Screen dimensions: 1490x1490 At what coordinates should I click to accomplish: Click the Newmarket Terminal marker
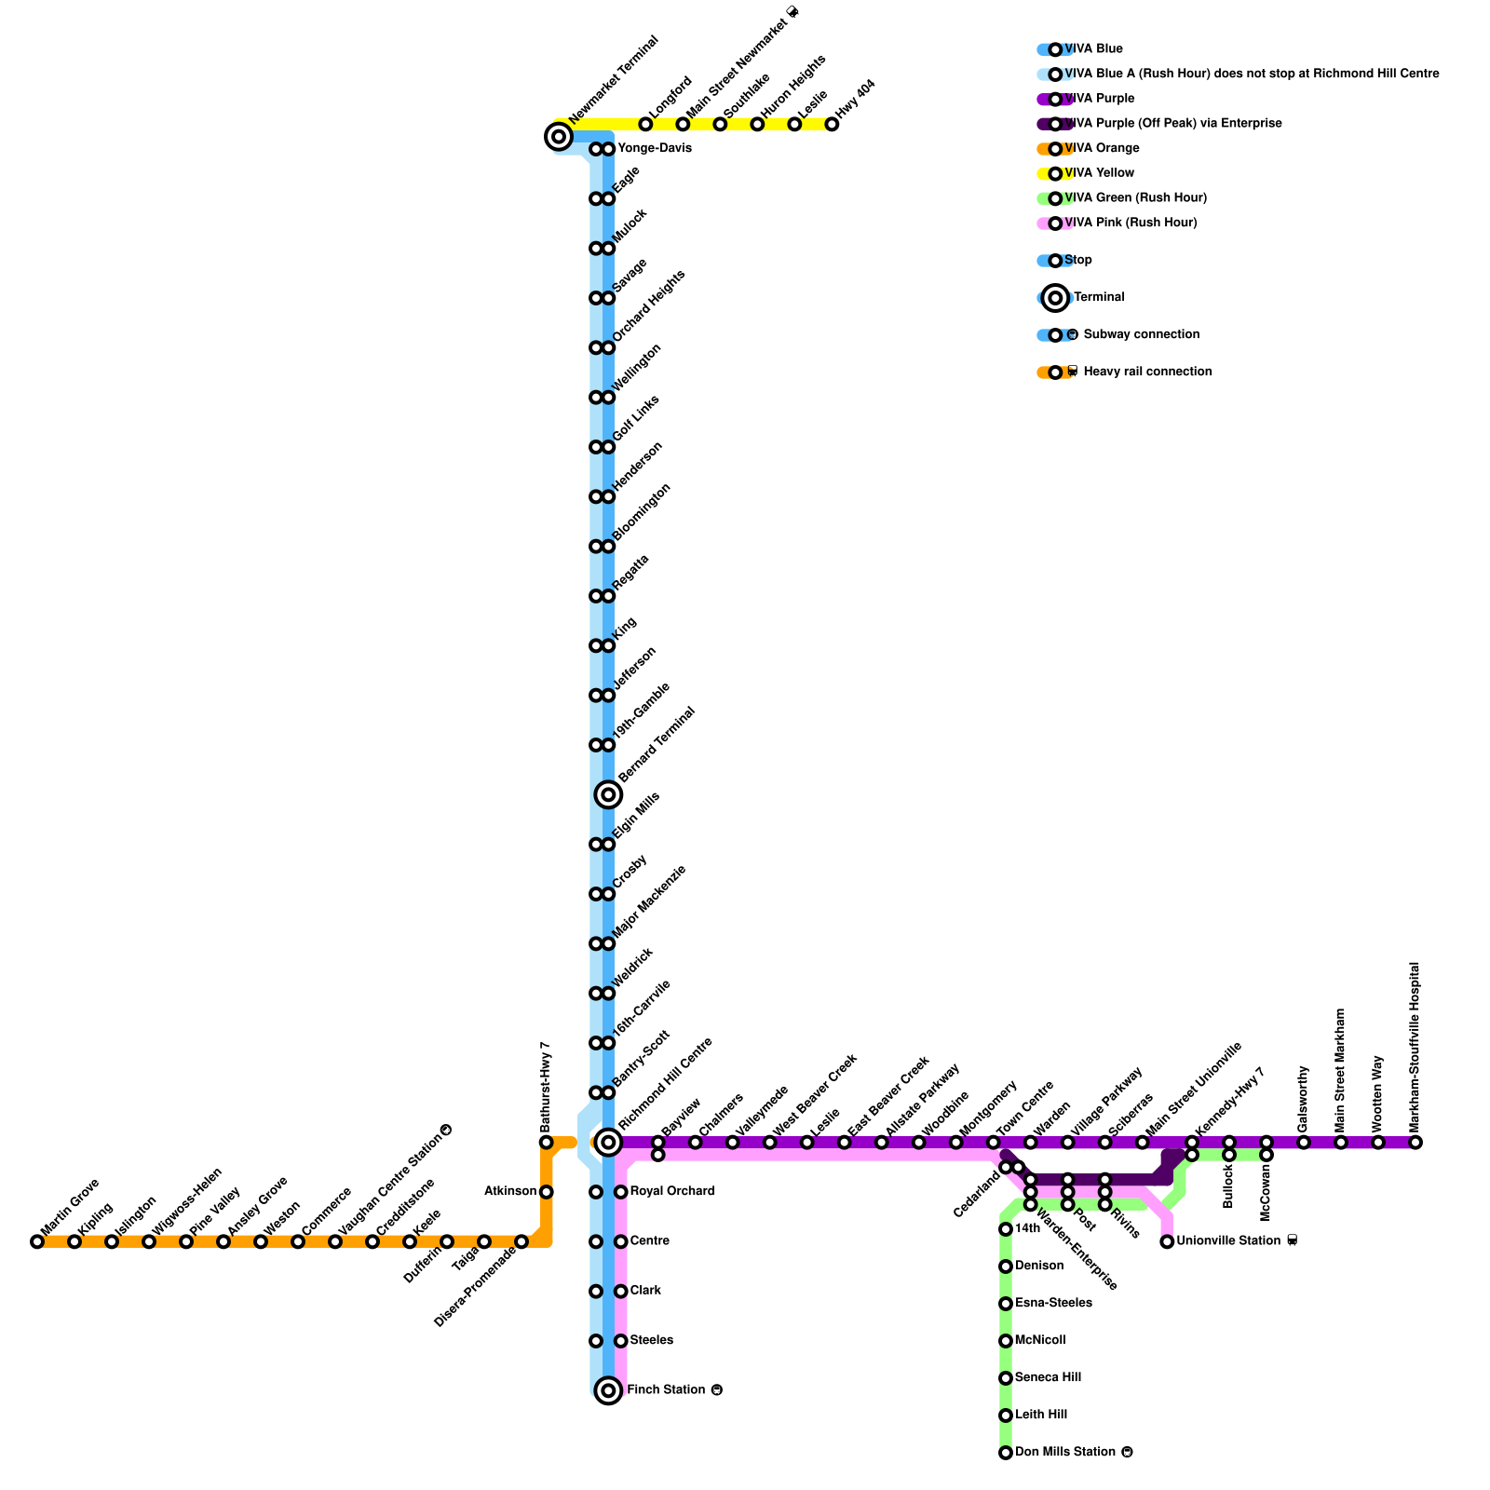pyautogui.click(x=558, y=138)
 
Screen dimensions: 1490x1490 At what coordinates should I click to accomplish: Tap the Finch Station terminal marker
pyautogui.click(x=608, y=1390)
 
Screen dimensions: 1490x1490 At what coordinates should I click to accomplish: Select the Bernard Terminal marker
pyautogui.click(x=608, y=794)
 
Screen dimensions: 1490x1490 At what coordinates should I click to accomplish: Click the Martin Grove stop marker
pyautogui.click(x=37, y=1241)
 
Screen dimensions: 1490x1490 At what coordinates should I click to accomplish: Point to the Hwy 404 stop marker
pyautogui.click(x=832, y=124)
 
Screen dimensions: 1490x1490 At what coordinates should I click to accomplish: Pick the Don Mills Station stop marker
pyautogui.click(x=1006, y=1453)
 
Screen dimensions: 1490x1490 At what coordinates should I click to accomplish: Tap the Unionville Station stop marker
pyautogui.click(x=1167, y=1241)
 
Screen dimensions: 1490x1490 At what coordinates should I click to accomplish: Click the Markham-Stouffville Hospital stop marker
pyautogui.click(x=1415, y=1143)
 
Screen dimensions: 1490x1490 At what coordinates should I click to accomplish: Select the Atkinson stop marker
pyautogui.click(x=547, y=1192)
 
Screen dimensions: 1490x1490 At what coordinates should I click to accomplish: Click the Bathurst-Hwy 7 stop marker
pyautogui.click(x=547, y=1143)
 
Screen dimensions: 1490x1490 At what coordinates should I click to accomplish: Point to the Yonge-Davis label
pyautogui.click(x=655, y=148)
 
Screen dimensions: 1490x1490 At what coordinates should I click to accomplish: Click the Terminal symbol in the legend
pyautogui.click(x=1055, y=298)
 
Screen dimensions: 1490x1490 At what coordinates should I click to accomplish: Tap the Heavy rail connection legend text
pyautogui.click(x=1147, y=372)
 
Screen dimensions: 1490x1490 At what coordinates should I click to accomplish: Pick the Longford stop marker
pyautogui.click(x=645, y=124)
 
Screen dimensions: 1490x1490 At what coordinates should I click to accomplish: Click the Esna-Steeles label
pyautogui.click(x=1053, y=1303)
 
